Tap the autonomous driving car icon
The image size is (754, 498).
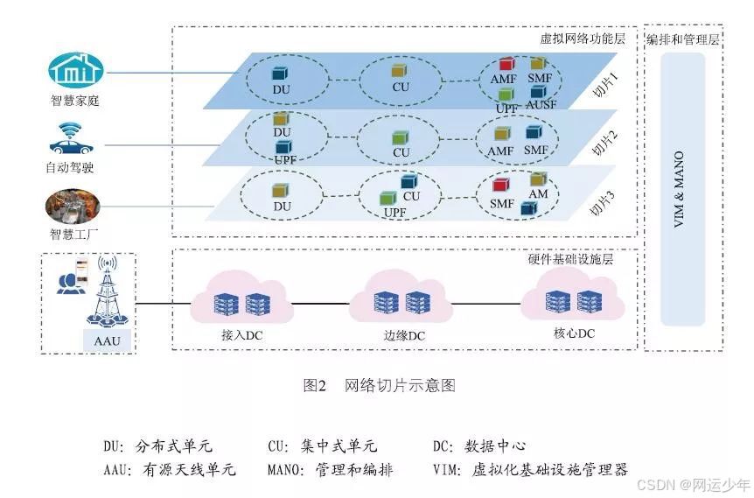74,138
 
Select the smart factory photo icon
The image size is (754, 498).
74,207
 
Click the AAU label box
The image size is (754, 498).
108,339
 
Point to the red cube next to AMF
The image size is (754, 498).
506,65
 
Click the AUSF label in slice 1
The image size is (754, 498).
541,106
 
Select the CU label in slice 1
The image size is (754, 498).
401,87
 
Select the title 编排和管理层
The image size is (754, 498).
682,40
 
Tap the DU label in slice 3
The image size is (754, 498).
282,206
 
